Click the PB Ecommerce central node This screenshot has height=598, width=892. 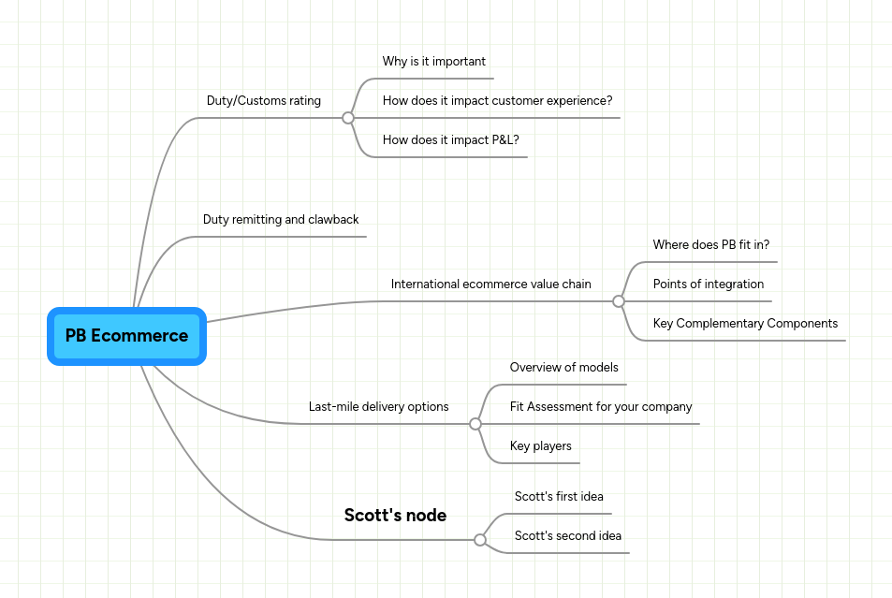click(x=126, y=336)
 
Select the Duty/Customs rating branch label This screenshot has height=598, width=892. click(x=263, y=101)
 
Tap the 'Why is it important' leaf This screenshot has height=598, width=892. click(x=433, y=62)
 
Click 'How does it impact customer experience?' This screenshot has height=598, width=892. click(x=497, y=101)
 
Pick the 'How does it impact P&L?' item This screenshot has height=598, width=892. click(x=450, y=140)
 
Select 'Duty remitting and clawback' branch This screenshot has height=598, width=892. click(x=281, y=220)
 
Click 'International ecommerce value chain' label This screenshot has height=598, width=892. click(x=490, y=284)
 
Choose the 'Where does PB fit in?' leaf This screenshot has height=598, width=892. click(x=710, y=245)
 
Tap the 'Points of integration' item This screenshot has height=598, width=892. click(x=708, y=284)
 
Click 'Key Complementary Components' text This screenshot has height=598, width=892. click(x=745, y=324)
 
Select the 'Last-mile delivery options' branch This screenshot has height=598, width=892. click(x=378, y=407)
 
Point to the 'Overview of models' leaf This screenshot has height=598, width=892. click(x=563, y=368)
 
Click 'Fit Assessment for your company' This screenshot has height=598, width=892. click(x=600, y=407)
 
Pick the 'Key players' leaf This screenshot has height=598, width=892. click(x=540, y=446)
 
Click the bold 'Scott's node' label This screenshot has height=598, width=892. click(x=395, y=516)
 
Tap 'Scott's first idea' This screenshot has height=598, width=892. click(x=559, y=497)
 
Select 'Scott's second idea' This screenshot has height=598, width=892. click(x=567, y=536)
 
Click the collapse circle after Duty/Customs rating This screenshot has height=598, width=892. click(x=348, y=118)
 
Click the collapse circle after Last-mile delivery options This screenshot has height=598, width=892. click(x=475, y=424)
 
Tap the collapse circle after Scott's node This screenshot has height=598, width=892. click(x=480, y=540)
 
